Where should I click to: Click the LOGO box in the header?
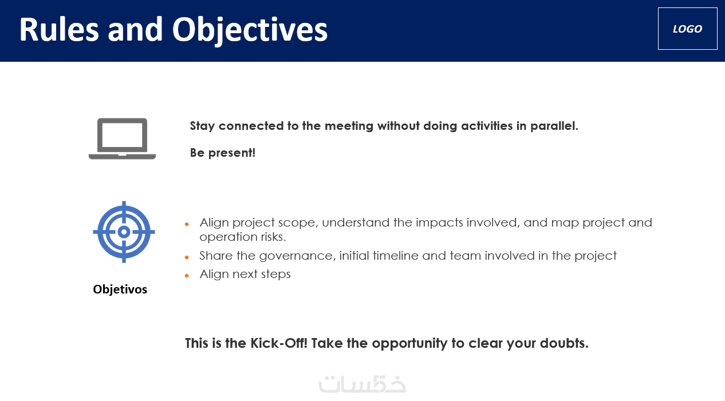687,29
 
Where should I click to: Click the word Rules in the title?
59,29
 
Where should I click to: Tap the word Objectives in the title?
250,30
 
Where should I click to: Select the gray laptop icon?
123,139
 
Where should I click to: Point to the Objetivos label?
120,289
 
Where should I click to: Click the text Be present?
223,153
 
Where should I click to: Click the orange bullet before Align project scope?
187,224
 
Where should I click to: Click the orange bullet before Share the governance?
187,257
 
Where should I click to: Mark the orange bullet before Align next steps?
187,276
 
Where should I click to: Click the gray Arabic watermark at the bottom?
362,384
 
